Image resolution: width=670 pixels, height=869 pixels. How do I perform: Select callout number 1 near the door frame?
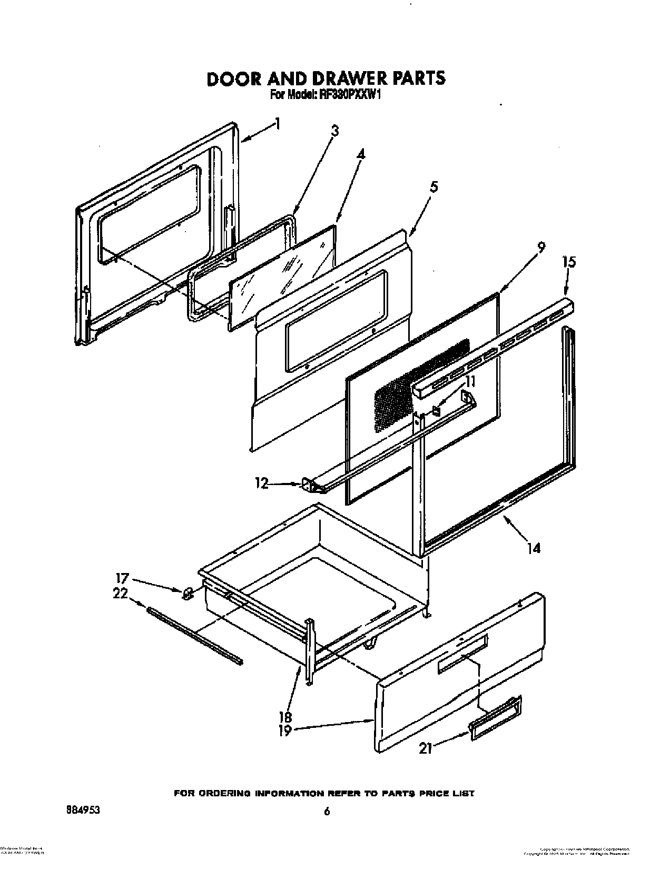pos(278,125)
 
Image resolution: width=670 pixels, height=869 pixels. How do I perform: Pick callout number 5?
pos(433,186)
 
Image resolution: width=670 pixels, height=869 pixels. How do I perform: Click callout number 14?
pos(533,549)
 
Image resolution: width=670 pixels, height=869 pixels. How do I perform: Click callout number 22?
pos(120,594)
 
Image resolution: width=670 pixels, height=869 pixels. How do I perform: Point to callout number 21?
pos(426,748)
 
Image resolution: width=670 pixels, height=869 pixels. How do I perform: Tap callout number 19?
pos(285,731)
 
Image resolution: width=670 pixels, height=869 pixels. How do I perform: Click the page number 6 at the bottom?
pos(327,797)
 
